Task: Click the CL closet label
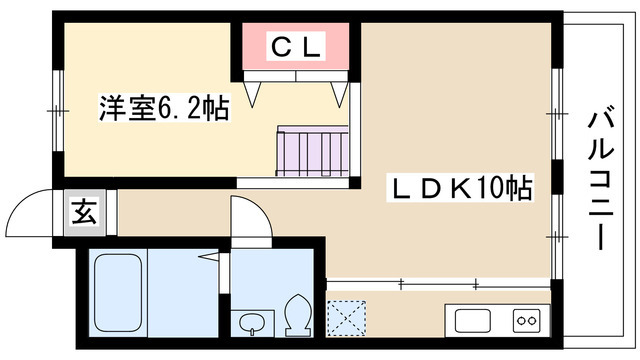pos(295,47)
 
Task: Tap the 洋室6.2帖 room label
pos(164,108)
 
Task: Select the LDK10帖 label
pos(460,186)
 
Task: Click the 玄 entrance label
pos(83,213)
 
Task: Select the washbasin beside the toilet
pos(252,321)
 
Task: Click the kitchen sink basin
pos(474,321)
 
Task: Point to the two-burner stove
pos(526,321)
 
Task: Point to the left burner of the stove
pos(519,321)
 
